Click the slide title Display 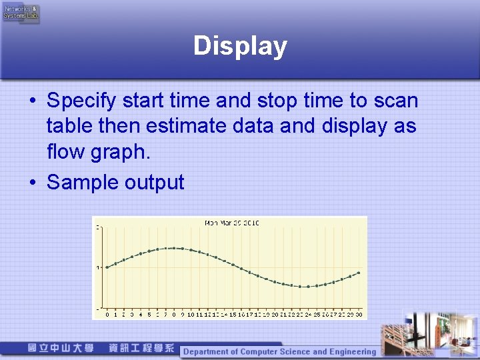pyautogui.click(x=240, y=46)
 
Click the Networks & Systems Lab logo pyautogui.click(x=21, y=12)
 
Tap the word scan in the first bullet pyautogui.click(x=395, y=101)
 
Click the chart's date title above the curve pyautogui.click(x=231, y=223)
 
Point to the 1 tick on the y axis pyautogui.click(x=99, y=268)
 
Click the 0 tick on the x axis pyautogui.click(x=107, y=314)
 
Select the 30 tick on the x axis pyautogui.click(x=359, y=314)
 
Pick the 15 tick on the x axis pyautogui.click(x=233, y=314)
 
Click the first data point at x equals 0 pyautogui.click(x=107, y=267)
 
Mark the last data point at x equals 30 pyautogui.click(x=359, y=273)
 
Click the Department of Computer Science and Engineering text pyautogui.click(x=279, y=351)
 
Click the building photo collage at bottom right pyautogui.click(x=427, y=333)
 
